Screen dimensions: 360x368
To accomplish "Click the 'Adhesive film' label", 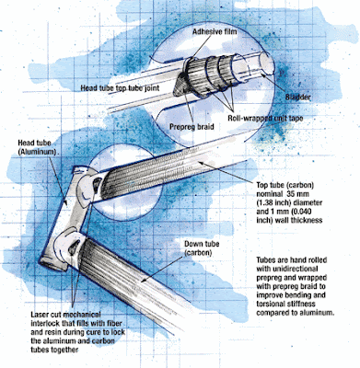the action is (215, 32).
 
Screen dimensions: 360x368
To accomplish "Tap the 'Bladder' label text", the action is (297, 97).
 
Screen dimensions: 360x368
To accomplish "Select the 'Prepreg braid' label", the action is (192, 126).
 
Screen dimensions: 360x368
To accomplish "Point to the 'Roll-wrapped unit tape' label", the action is (265, 118).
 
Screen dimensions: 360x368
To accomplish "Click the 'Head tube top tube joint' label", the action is (120, 88).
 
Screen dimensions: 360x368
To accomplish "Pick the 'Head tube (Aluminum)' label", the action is (38, 148).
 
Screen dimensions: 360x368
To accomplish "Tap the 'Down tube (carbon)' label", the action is (202, 248).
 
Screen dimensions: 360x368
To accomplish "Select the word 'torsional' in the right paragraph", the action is (270, 304).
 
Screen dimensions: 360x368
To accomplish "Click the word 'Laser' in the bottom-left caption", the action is (39, 315).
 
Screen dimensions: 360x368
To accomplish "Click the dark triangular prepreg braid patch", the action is (181, 85).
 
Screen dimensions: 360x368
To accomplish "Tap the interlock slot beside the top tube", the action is (97, 183).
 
